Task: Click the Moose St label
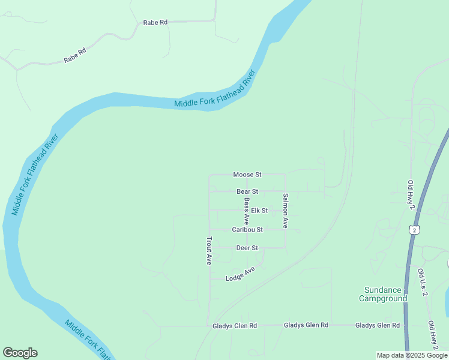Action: [x=247, y=175]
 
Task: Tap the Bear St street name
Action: [x=247, y=191]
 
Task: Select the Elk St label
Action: [x=259, y=211]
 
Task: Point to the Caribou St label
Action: [x=247, y=230]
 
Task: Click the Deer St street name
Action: [x=247, y=248]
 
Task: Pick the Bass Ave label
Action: [x=247, y=211]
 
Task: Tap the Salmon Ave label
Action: [x=286, y=211]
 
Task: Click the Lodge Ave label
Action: [x=240, y=275]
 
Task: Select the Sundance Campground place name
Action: [x=383, y=294]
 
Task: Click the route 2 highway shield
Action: [x=414, y=230]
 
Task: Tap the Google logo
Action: [x=20, y=353]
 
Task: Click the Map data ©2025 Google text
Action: [x=412, y=355]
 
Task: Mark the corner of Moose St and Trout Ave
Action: [x=209, y=175]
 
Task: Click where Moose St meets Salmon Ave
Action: [x=285, y=175]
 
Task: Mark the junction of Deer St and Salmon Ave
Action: [x=285, y=248]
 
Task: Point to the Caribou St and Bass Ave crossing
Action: [x=247, y=230]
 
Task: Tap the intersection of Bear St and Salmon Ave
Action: [x=285, y=191]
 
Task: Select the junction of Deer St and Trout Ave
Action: [x=209, y=248]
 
